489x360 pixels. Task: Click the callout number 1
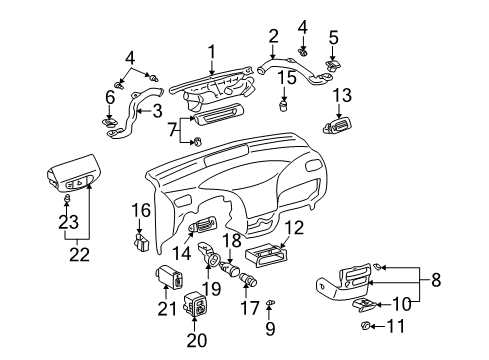point(211,51)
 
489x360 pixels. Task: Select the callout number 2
point(273,37)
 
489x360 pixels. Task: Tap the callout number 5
point(334,38)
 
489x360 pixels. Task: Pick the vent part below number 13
point(337,127)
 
